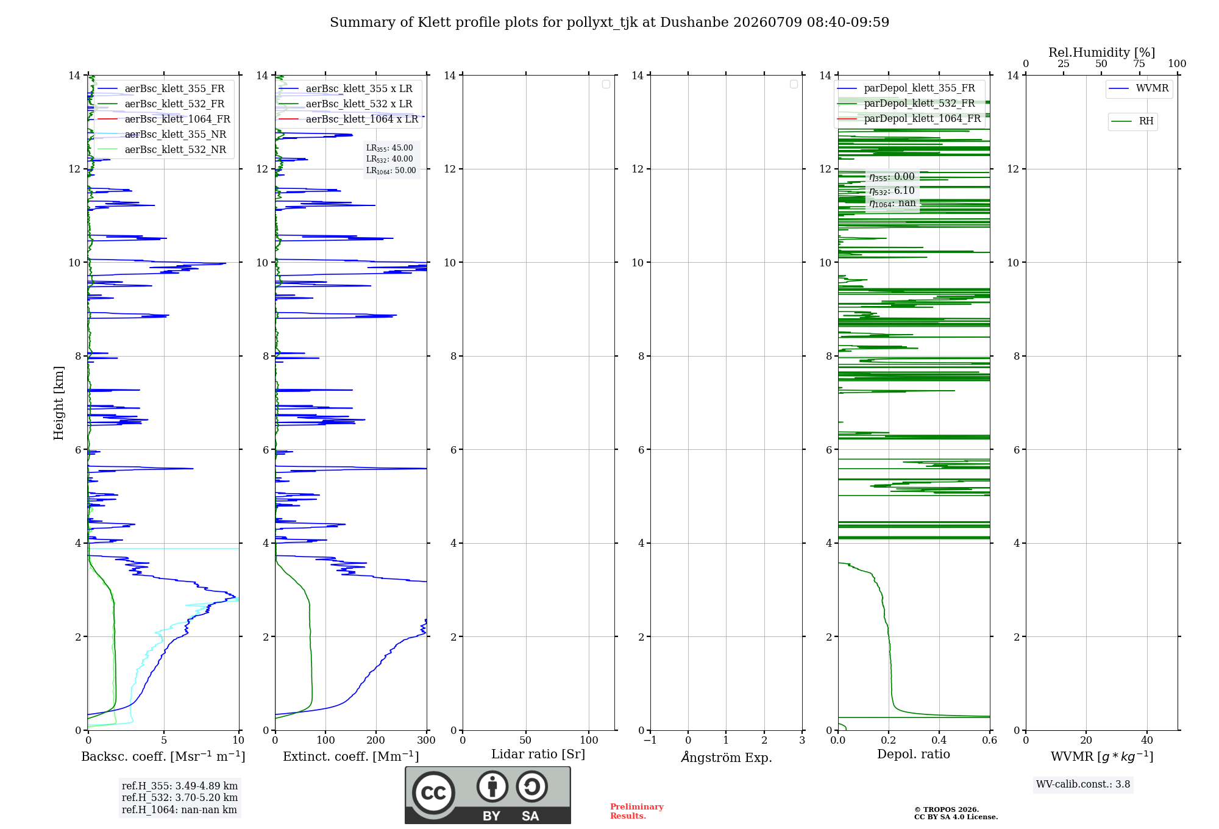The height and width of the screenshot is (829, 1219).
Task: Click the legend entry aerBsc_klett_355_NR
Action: pos(162,134)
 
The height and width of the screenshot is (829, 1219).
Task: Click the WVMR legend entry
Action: pos(1139,88)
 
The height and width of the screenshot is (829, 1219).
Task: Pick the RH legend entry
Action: pos(1132,121)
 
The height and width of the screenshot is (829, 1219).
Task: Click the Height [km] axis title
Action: pos(59,403)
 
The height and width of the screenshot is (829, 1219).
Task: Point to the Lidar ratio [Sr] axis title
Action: pos(538,754)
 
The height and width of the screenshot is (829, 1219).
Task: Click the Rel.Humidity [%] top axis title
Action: pos(1101,52)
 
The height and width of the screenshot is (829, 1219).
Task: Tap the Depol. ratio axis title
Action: pos(914,754)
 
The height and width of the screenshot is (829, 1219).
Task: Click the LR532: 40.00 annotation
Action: pos(389,159)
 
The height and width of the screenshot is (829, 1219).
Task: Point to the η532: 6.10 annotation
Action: pos(892,191)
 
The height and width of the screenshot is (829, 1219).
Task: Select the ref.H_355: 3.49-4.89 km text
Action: pos(180,786)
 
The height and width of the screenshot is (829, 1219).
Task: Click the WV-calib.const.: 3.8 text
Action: pos(1083,785)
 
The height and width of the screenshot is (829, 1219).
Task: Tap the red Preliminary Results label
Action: pos(637,811)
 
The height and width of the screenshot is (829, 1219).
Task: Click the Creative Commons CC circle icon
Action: pos(433,793)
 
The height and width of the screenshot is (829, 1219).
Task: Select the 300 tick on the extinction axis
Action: pos(427,740)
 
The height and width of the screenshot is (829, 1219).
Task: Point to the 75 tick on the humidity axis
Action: pos(1139,64)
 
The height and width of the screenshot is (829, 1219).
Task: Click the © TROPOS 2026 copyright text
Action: pos(947,809)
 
